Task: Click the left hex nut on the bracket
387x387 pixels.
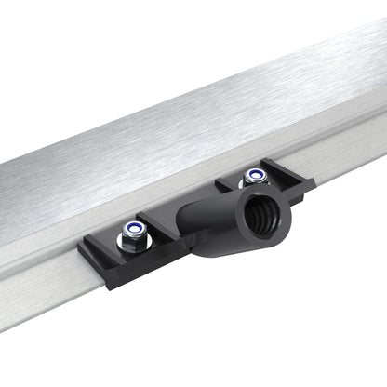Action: tap(135, 238)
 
